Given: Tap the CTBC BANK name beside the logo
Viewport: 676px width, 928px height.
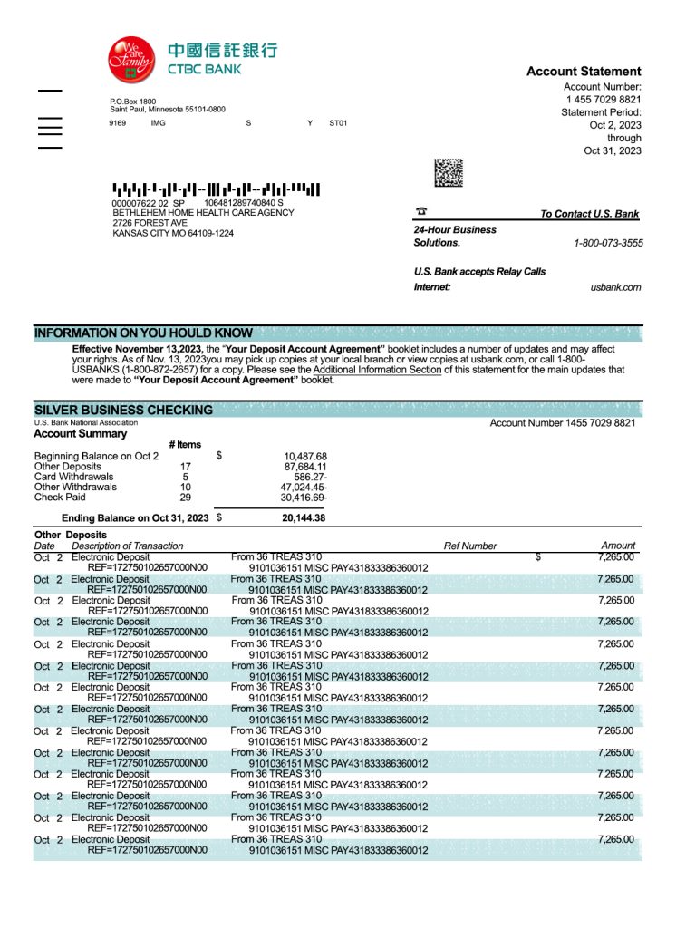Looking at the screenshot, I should (204, 69).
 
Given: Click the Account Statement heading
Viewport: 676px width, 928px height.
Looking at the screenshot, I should (584, 72).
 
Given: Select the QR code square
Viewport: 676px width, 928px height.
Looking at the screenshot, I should (449, 173).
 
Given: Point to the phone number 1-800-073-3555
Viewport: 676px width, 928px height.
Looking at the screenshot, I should (608, 243).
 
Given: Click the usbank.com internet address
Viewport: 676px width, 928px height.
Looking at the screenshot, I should (615, 287).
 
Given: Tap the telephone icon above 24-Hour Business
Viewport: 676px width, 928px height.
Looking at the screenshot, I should (420, 211).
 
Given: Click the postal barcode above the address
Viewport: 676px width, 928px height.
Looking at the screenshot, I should (217, 190).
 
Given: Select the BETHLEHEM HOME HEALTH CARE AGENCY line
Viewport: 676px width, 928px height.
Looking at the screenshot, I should (203, 213).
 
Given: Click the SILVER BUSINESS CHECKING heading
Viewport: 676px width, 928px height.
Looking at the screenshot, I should (123, 410).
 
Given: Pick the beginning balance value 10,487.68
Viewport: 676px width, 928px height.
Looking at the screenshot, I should (305, 456).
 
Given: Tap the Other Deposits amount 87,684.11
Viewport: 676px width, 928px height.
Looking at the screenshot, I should (305, 467).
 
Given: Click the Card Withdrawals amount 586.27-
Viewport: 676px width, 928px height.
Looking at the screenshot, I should (311, 477).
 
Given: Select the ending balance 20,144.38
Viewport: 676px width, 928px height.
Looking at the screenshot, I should (304, 518).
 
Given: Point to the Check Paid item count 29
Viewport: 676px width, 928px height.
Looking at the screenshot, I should (185, 498).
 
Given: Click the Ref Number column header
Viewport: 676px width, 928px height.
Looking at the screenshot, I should (470, 546).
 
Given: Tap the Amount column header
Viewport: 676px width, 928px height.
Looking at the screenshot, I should (618, 546).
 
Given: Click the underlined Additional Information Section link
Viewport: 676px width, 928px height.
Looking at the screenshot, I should (378, 370).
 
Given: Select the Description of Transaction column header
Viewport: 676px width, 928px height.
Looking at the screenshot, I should (127, 546).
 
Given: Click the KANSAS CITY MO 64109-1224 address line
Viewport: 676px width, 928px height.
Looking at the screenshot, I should (173, 233).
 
